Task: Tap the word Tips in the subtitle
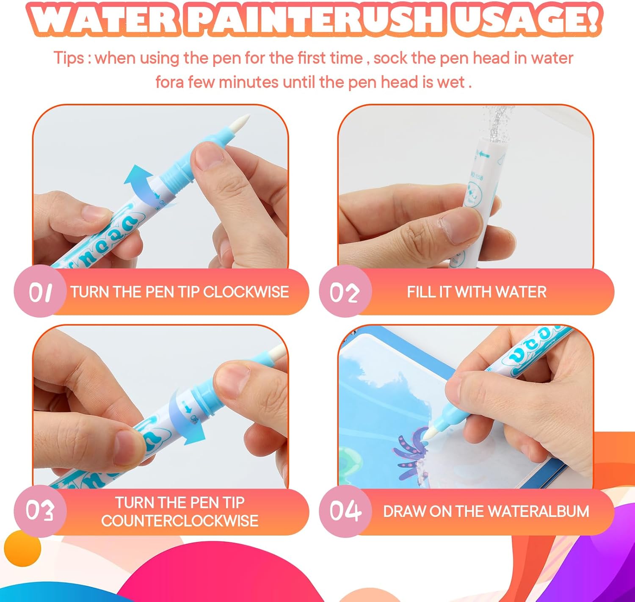point(69,58)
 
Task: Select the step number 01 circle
point(40,292)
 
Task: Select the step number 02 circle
point(345,292)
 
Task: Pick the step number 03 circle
point(40,511)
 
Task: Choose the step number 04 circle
point(345,511)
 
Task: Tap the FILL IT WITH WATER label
point(476,292)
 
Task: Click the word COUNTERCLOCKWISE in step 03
point(179,521)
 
